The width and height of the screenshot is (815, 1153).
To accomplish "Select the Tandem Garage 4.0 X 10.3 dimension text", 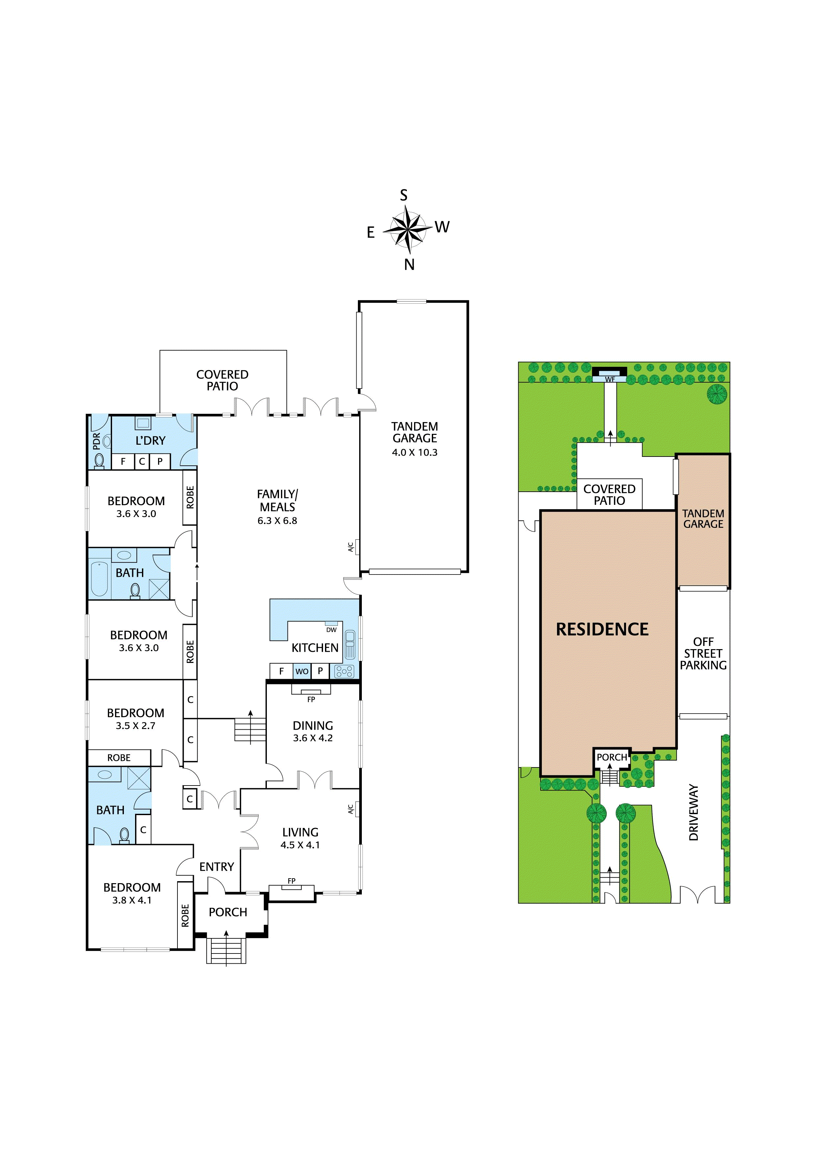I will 414,453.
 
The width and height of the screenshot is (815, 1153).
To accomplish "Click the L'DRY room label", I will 150,440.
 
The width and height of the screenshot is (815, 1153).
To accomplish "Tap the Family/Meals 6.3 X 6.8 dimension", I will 277,521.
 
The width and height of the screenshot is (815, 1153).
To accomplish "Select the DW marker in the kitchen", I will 332,630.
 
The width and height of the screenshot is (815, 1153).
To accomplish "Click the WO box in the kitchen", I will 302,671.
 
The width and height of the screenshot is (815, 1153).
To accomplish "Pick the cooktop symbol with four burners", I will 344,671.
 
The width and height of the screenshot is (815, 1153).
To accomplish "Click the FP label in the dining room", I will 311,699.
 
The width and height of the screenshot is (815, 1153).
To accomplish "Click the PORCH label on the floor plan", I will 228,912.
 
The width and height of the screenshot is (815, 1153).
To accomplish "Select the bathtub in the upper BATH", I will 100,579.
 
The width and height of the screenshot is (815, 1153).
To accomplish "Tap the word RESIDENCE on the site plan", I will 602,629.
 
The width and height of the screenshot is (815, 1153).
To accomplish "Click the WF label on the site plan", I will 610,379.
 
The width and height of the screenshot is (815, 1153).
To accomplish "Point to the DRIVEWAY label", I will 693,812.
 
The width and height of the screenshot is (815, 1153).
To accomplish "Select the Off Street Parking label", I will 703,653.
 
